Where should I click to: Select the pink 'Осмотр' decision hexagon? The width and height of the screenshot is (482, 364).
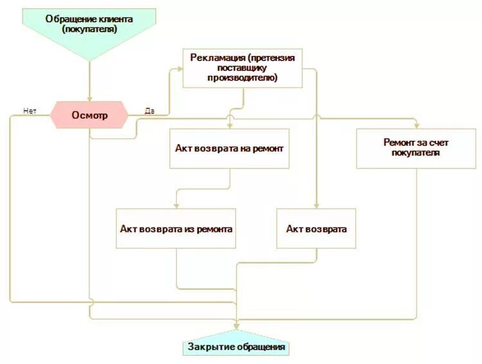89,115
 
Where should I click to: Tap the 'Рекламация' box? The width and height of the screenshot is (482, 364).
242,68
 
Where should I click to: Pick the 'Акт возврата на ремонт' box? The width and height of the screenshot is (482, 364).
229,148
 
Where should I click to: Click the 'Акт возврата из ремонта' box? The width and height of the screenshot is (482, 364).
175,228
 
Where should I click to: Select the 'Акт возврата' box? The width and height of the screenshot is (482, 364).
316,228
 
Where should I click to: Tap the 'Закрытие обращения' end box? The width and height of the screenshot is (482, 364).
237,347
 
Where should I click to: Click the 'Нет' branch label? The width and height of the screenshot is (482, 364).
30,110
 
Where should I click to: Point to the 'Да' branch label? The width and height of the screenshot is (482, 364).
149,111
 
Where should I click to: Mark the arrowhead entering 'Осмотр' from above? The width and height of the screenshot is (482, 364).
89,98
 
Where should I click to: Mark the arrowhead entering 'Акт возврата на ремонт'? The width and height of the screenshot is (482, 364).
229,125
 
